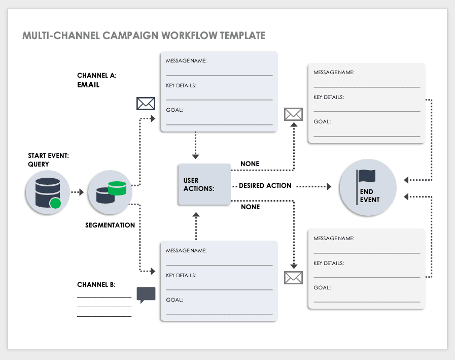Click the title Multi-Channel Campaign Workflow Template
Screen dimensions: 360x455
coord(144,36)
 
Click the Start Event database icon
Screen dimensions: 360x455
coord(47,192)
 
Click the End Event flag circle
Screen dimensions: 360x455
coord(367,187)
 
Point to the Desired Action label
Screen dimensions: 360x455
coord(265,186)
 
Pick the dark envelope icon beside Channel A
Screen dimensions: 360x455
coord(146,104)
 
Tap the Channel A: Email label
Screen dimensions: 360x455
coord(96,80)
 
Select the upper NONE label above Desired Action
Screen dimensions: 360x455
coord(250,164)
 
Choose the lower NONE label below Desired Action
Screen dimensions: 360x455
coord(250,207)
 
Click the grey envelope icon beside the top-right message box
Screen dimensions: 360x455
coord(293,114)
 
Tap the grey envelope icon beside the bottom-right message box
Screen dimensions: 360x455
coord(293,278)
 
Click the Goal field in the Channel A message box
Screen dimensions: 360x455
coord(174,110)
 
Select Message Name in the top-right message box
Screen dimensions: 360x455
coord(334,73)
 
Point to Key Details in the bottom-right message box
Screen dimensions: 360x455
coord(329,264)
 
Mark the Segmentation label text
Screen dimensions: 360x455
coord(110,225)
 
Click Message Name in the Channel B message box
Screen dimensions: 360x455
coord(186,251)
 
